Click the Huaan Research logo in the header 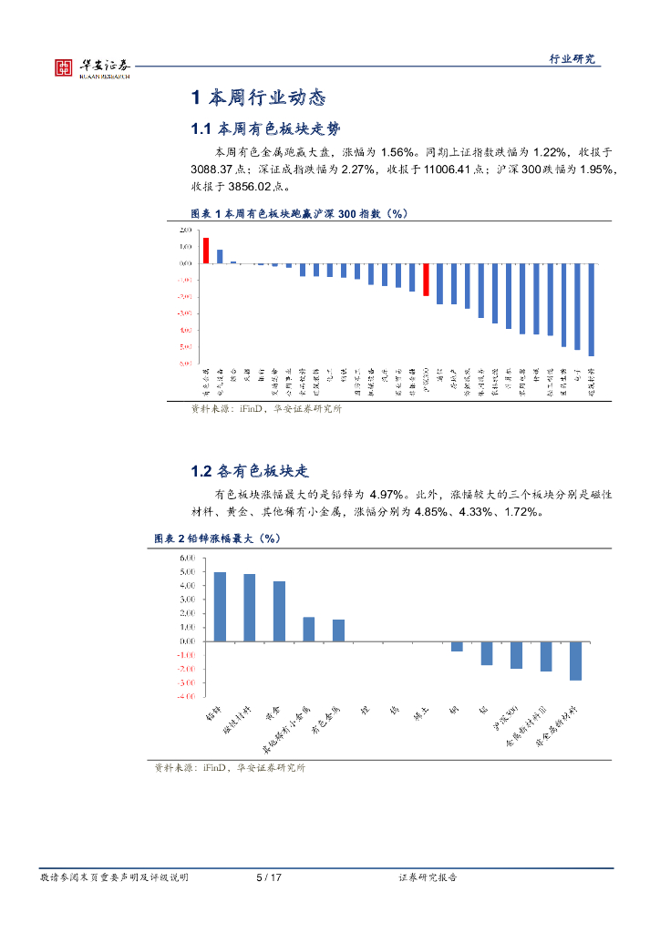[92, 67]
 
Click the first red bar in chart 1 [206, 251]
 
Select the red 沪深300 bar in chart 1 [426, 279]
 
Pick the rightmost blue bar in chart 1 [592, 310]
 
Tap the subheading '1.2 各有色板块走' [251, 472]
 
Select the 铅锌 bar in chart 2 [220, 606]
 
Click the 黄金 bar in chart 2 [279, 610]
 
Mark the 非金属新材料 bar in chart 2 [575, 661]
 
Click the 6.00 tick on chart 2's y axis [188, 558]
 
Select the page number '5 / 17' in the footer [268, 877]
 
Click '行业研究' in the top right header [572, 58]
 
